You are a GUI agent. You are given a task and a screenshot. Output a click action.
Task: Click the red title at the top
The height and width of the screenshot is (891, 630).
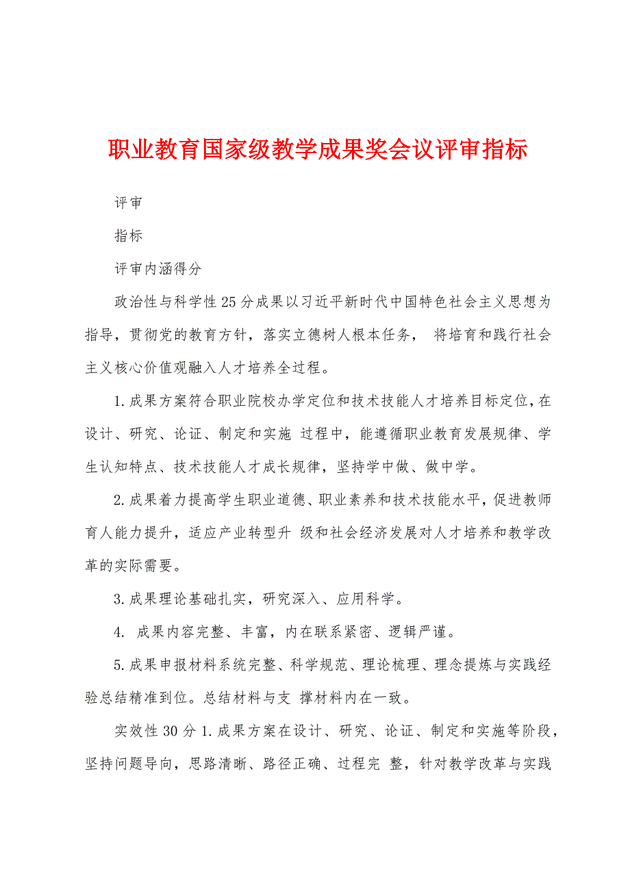tap(318, 150)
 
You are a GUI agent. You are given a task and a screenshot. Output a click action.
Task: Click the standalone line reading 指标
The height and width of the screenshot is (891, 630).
tap(128, 236)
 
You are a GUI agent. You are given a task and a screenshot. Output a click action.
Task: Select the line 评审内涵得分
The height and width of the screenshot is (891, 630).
tap(157, 269)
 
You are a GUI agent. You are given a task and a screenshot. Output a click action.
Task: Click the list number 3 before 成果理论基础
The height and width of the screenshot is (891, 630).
tap(118, 599)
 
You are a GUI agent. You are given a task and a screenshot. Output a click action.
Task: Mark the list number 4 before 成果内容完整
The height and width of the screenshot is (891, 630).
tap(118, 632)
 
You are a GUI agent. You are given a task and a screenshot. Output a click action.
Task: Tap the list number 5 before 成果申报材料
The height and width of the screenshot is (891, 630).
tap(118, 665)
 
